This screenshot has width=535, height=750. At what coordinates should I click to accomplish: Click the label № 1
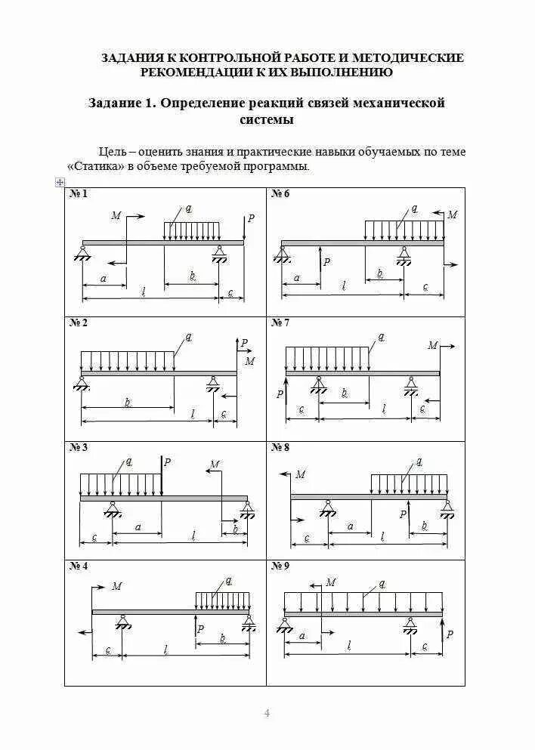(79, 194)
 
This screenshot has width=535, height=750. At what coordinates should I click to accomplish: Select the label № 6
(280, 194)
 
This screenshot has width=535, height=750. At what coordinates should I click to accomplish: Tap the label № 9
(280, 566)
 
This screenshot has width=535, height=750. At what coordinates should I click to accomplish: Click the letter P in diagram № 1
(252, 218)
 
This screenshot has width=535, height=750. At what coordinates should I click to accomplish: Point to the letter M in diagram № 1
(116, 215)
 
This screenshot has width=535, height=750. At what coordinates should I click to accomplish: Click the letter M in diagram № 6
(452, 215)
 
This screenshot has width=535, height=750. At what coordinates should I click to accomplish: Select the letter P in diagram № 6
(326, 263)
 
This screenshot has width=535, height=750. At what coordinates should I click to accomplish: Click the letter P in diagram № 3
(167, 462)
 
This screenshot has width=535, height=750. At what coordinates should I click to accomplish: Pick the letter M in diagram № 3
(215, 464)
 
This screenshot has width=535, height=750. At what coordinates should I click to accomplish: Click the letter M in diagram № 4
(116, 586)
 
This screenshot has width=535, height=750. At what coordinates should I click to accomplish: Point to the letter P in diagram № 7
(279, 394)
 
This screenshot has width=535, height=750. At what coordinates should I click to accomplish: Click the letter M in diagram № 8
(300, 474)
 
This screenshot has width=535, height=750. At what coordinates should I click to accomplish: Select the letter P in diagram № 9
(450, 634)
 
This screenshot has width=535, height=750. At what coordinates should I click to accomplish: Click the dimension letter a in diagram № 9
(302, 637)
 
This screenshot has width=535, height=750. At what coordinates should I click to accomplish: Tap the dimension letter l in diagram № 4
(166, 649)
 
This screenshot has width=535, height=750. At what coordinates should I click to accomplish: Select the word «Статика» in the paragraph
(95, 166)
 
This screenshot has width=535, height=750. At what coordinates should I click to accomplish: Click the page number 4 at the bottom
(266, 713)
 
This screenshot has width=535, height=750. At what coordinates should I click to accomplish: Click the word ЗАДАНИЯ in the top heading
(133, 57)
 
